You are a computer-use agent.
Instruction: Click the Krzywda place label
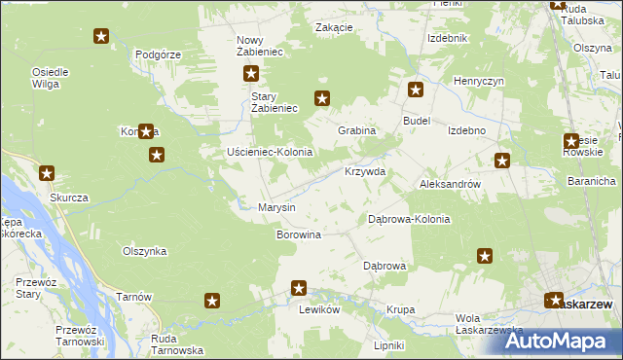pos(365,171)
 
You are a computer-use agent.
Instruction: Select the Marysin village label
pos(275,207)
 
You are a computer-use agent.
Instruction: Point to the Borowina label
pos(299,235)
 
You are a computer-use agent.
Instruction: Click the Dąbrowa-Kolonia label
pos(409,219)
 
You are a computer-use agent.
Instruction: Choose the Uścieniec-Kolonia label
pos(269,153)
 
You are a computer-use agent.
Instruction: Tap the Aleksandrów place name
pos(450,183)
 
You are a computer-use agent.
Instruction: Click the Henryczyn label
pos(478,81)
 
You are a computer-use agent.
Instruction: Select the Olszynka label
pos(144,251)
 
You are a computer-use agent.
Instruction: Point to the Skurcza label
pos(69,198)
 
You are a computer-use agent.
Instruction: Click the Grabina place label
pos(356,130)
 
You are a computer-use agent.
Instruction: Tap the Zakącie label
pos(334,27)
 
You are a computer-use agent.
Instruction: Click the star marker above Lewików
pos(299,288)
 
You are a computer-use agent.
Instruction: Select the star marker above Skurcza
pos(47,173)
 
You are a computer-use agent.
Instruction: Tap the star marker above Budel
pos(416,90)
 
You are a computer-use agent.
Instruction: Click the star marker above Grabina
pos(323,97)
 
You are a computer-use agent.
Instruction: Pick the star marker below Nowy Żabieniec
pos(251,73)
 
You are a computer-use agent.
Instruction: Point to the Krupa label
pos(400,310)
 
